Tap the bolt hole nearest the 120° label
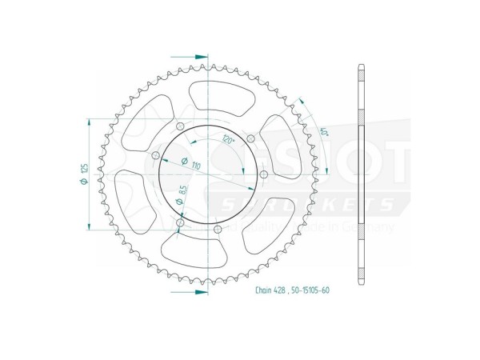pos(251,141)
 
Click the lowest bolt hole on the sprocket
pos(218,230)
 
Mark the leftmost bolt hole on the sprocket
pos(155,155)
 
